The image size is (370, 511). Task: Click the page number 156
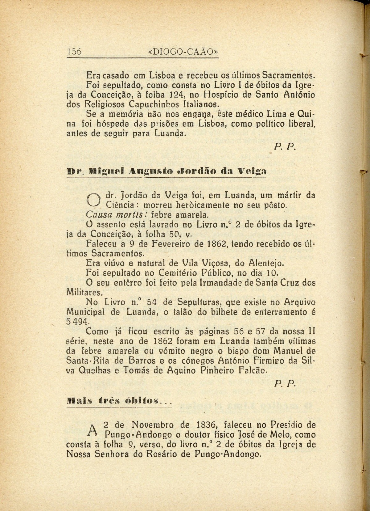(74, 52)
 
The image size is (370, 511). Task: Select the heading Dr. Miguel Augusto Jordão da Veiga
(166, 171)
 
